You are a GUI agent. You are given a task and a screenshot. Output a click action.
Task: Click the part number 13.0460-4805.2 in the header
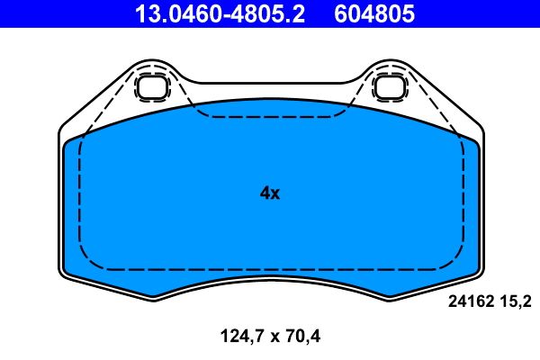click(x=220, y=14)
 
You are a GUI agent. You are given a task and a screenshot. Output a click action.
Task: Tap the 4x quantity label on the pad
click(x=269, y=193)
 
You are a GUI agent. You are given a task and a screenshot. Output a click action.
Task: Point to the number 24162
click(x=468, y=303)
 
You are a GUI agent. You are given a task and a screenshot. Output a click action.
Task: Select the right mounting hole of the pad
click(x=389, y=87)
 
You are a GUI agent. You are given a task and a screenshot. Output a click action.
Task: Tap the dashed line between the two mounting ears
click(x=269, y=117)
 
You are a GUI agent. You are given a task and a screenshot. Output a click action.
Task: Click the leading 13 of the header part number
click(x=145, y=14)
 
